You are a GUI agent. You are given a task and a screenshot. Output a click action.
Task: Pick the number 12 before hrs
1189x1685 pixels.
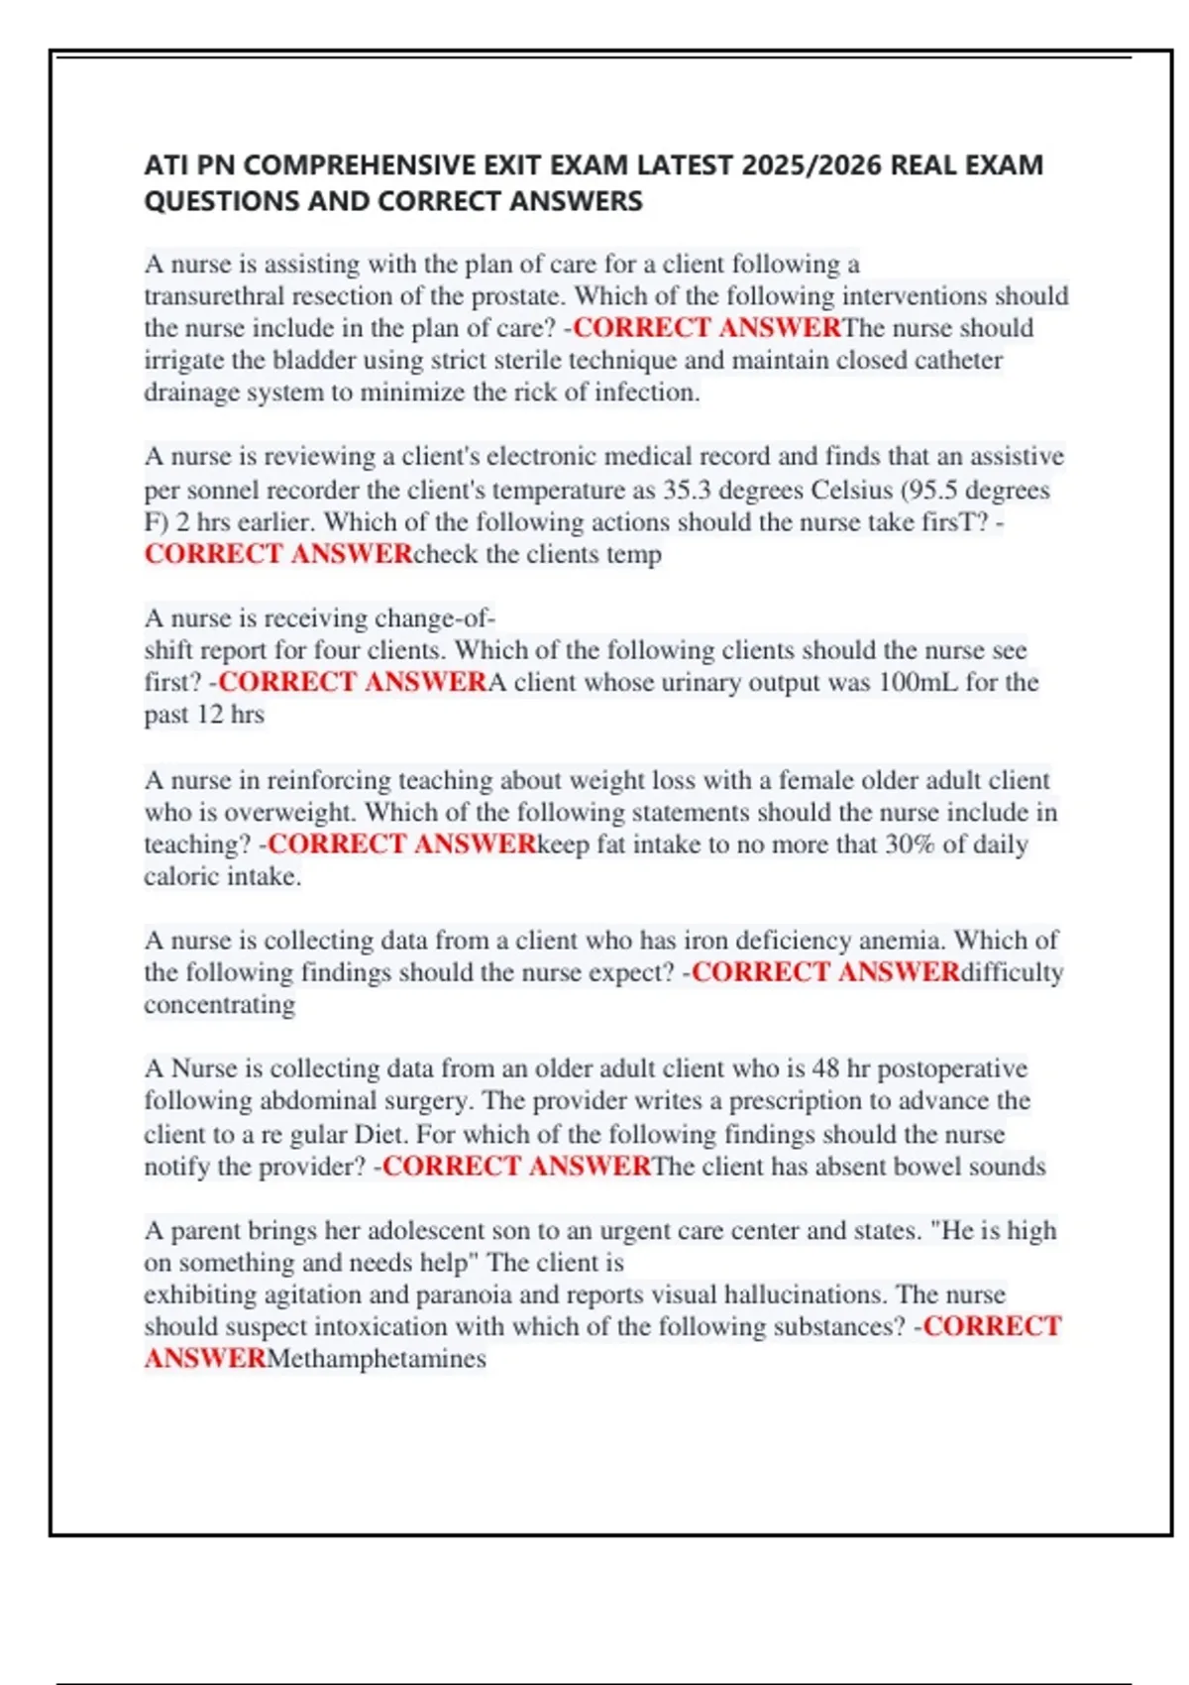coord(209,715)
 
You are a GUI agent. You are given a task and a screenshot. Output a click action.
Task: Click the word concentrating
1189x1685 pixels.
coord(219,1005)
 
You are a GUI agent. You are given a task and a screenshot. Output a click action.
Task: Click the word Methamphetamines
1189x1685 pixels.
coord(377,1359)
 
